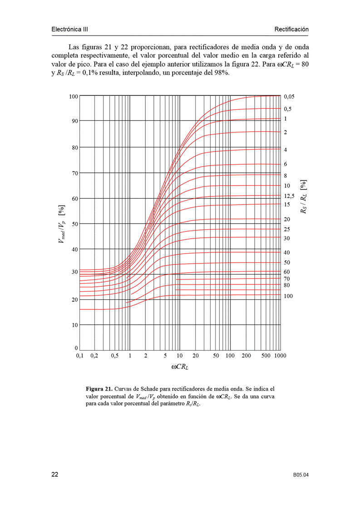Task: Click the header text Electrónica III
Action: coord(70,29)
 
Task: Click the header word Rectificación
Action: coord(291,29)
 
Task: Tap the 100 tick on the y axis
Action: coord(73,96)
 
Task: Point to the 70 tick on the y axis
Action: coord(74,173)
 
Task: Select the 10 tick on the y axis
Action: coord(74,325)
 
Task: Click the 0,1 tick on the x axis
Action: coord(79,356)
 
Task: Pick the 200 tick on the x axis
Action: coord(246,356)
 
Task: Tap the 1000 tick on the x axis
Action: coord(280,356)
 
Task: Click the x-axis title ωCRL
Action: coord(180,367)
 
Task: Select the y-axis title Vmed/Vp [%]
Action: coord(61,224)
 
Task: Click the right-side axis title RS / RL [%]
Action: coord(303,196)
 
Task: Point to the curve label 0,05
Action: coord(289,97)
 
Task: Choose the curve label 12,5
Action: coord(289,196)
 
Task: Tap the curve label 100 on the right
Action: coord(289,296)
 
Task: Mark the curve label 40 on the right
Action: coord(287,252)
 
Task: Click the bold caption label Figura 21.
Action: coord(99,389)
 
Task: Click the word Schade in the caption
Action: coord(148,389)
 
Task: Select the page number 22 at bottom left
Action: coord(54,475)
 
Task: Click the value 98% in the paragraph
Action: coord(221,73)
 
